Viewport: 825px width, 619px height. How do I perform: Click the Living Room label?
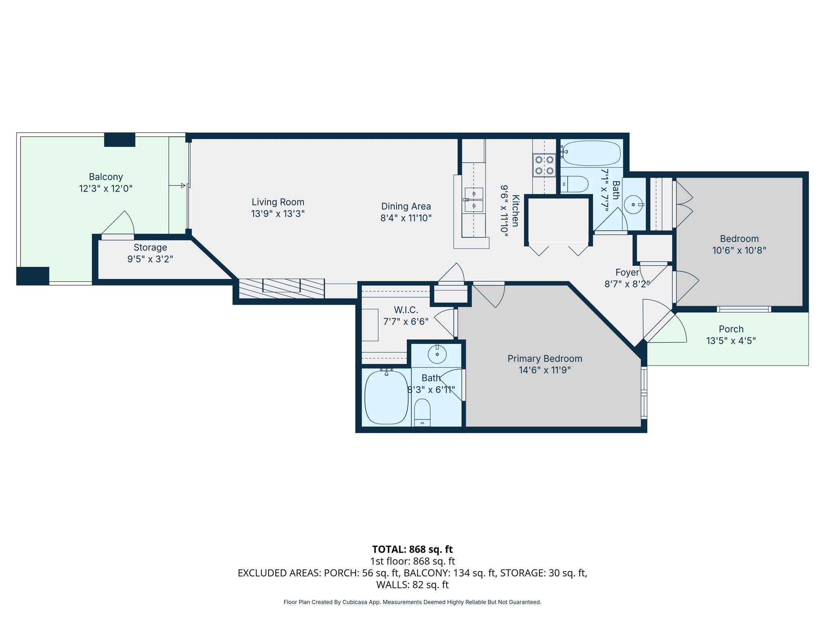click(x=278, y=202)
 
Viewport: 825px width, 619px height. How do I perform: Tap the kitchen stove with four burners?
click(x=544, y=165)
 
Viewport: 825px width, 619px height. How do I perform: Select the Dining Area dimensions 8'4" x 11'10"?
click(x=406, y=218)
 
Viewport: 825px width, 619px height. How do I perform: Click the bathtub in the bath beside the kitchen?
click(x=591, y=153)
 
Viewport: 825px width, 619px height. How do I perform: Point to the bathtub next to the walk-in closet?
click(x=386, y=397)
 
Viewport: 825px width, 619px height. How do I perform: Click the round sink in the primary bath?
click(x=437, y=355)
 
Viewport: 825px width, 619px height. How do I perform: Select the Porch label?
click(x=731, y=329)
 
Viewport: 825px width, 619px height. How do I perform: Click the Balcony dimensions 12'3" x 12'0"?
click(x=106, y=188)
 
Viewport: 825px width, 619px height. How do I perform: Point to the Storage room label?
click(x=150, y=247)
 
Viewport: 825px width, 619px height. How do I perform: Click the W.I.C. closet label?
click(x=406, y=309)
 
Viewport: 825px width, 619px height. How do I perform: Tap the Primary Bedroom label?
click(x=545, y=358)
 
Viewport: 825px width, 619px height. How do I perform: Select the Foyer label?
click(x=627, y=272)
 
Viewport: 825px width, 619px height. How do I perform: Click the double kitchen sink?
click(x=474, y=199)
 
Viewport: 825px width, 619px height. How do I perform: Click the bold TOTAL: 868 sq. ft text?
click(x=412, y=549)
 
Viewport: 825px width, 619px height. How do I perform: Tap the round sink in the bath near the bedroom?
click(x=634, y=205)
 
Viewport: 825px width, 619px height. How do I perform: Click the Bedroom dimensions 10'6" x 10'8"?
click(x=739, y=250)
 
